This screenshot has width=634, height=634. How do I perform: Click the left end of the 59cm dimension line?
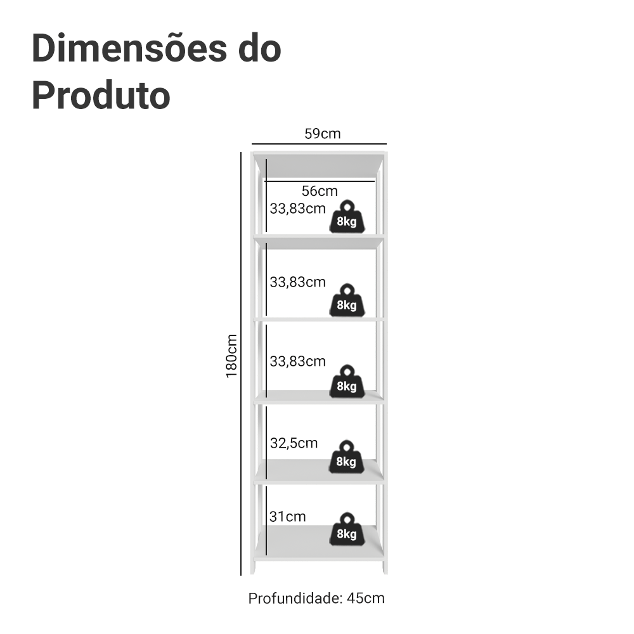[252, 143]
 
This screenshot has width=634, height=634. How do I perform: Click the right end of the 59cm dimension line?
[387, 143]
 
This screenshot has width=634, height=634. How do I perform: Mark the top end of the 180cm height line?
[241, 152]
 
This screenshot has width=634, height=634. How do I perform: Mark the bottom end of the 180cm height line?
[241, 575]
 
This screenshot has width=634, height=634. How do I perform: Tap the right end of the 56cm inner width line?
[375, 181]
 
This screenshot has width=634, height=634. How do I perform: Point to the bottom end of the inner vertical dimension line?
[266, 555]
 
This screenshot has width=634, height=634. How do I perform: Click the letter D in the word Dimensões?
[43, 49]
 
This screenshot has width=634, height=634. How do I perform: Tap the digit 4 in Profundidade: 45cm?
[351, 598]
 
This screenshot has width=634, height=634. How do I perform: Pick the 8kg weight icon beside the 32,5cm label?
[346, 457]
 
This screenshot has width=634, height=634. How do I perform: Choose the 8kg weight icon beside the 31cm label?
[347, 529]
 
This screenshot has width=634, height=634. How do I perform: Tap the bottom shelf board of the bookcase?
[319, 543]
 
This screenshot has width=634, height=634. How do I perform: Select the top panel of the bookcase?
[319, 164]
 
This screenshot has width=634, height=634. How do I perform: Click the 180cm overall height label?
[231, 356]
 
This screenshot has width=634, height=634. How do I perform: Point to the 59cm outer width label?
[322, 133]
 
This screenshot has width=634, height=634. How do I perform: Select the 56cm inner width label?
[320, 191]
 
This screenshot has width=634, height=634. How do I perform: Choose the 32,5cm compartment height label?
[294, 443]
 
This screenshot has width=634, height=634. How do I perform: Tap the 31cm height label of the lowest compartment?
[287, 517]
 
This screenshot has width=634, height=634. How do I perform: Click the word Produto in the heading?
[101, 96]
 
